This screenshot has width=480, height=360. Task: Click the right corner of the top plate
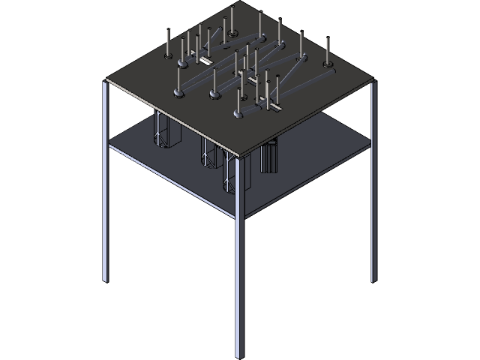pyautogui.click(x=373, y=79)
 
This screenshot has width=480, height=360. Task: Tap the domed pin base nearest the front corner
pyautogui.click(x=238, y=114)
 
